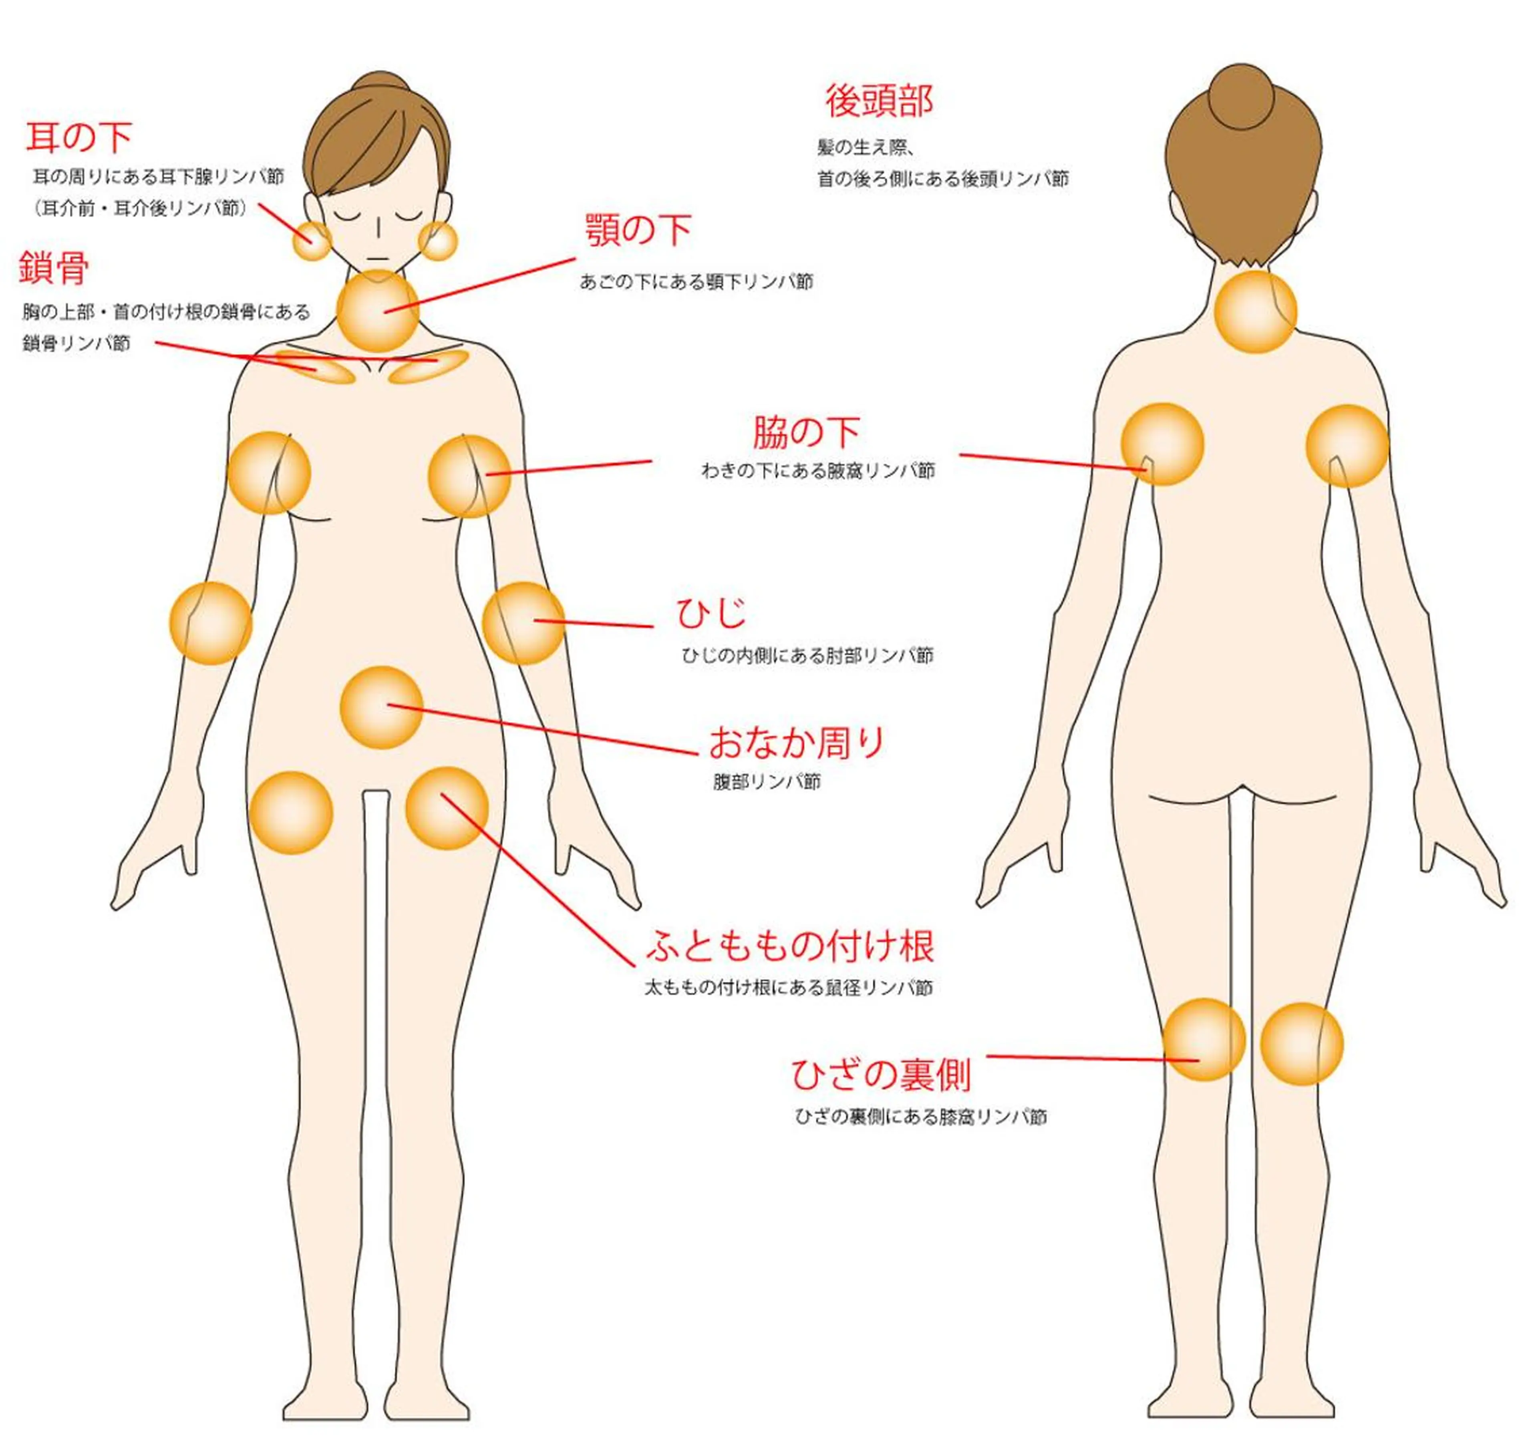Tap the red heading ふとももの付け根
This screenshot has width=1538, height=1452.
point(791,945)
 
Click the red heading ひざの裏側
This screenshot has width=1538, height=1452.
point(881,1074)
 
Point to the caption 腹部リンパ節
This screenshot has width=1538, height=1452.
point(767,782)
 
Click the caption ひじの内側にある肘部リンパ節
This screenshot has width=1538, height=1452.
point(808,656)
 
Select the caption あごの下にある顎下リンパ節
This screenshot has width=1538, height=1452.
point(696,282)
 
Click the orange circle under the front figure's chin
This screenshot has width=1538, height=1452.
point(378,310)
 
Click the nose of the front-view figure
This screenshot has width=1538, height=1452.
point(378,227)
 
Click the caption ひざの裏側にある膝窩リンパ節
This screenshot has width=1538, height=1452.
point(921,1117)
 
